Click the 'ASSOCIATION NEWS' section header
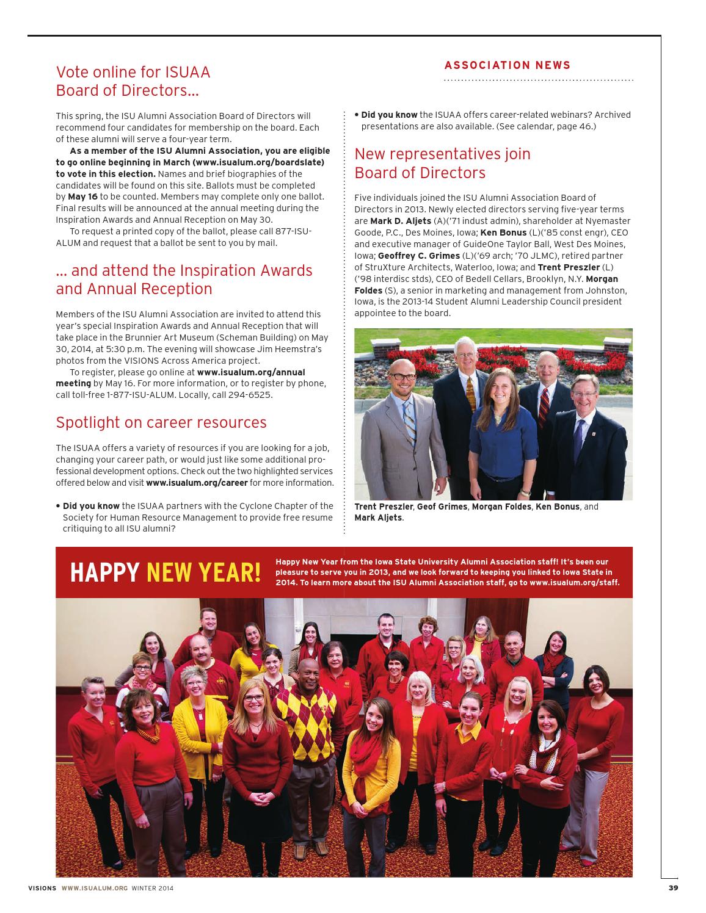coord(507,65)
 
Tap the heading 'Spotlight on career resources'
coord(161,422)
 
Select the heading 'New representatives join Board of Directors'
coord(442,163)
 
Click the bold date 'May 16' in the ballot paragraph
coord(82,197)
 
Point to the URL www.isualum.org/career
coord(197,483)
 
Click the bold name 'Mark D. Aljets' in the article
coord(401,221)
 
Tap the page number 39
coord(672,888)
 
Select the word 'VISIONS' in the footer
coord(42,888)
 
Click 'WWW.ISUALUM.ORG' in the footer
coord(95,888)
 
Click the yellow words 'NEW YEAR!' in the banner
coord(203,572)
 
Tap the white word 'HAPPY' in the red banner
coord(104,572)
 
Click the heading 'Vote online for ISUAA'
coord(133,72)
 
